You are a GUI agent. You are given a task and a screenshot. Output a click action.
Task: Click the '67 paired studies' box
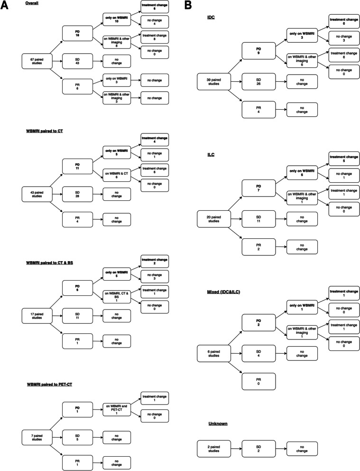coord(37,61)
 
